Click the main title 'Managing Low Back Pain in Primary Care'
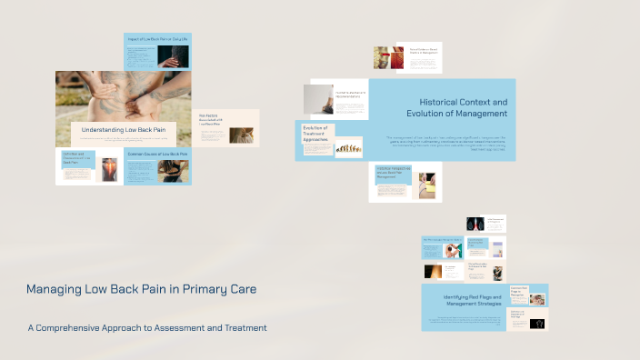point(141,289)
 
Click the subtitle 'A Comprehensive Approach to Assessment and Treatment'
point(147,327)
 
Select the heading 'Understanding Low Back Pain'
point(124,130)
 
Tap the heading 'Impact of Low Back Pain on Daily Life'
point(157,40)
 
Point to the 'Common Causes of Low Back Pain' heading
point(157,155)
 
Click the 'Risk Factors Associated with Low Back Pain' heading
point(211,119)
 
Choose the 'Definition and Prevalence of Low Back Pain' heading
point(76,159)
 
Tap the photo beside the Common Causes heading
point(173,171)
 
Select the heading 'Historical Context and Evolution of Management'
point(463,108)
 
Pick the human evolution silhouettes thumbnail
point(348,147)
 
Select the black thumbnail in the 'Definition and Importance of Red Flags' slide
point(537,324)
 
